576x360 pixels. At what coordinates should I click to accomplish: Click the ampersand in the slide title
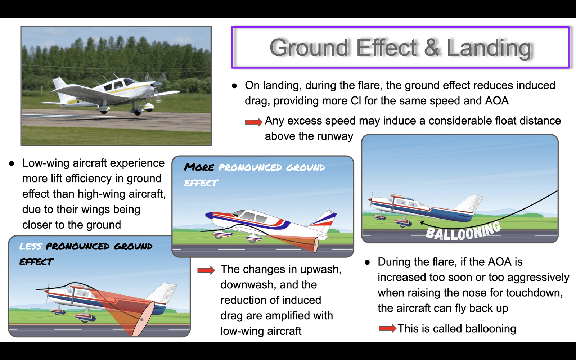(x=432, y=48)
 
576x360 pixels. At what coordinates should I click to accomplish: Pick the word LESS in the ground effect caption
(x=31, y=246)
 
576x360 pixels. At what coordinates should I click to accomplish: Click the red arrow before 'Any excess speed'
(x=253, y=122)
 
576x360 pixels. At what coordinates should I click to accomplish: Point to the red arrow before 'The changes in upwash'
(x=206, y=270)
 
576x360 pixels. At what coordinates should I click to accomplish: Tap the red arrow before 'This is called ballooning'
(x=387, y=328)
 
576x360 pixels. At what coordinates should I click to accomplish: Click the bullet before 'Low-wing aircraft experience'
(x=12, y=163)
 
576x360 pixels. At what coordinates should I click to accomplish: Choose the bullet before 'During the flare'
(x=367, y=262)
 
